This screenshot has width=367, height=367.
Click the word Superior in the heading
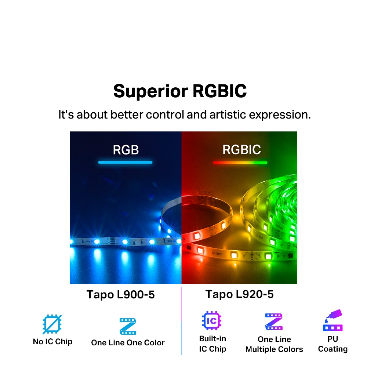[x=150, y=91]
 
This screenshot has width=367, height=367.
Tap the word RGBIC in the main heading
[x=219, y=91]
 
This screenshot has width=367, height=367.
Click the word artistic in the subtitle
[x=228, y=115]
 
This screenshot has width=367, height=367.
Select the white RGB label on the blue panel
[x=126, y=150]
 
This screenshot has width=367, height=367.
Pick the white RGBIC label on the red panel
[x=241, y=150]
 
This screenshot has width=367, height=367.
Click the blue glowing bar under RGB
[x=125, y=162]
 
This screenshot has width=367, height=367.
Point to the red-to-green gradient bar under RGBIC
[x=240, y=163]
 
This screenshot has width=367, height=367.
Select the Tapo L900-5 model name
[x=120, y=294]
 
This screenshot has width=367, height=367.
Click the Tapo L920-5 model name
[x=239, y=294]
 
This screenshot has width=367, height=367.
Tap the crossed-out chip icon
[x=52, y=324]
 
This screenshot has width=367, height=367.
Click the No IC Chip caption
[x=52, y=342]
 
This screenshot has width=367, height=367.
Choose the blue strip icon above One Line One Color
[x=128, y=326]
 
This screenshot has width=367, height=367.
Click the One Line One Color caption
[x=128, y=343]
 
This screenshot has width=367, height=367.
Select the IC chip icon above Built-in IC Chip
[x=212, y=321]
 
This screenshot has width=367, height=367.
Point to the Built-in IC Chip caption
[x=212, y=344]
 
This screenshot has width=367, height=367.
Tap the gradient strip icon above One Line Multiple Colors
[x=274, y=321]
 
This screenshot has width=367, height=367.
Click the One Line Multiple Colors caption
[x=274, y=344]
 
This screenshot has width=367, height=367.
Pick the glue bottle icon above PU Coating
[x=333, y=320]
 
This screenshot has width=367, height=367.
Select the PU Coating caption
[x=333, y=344]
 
